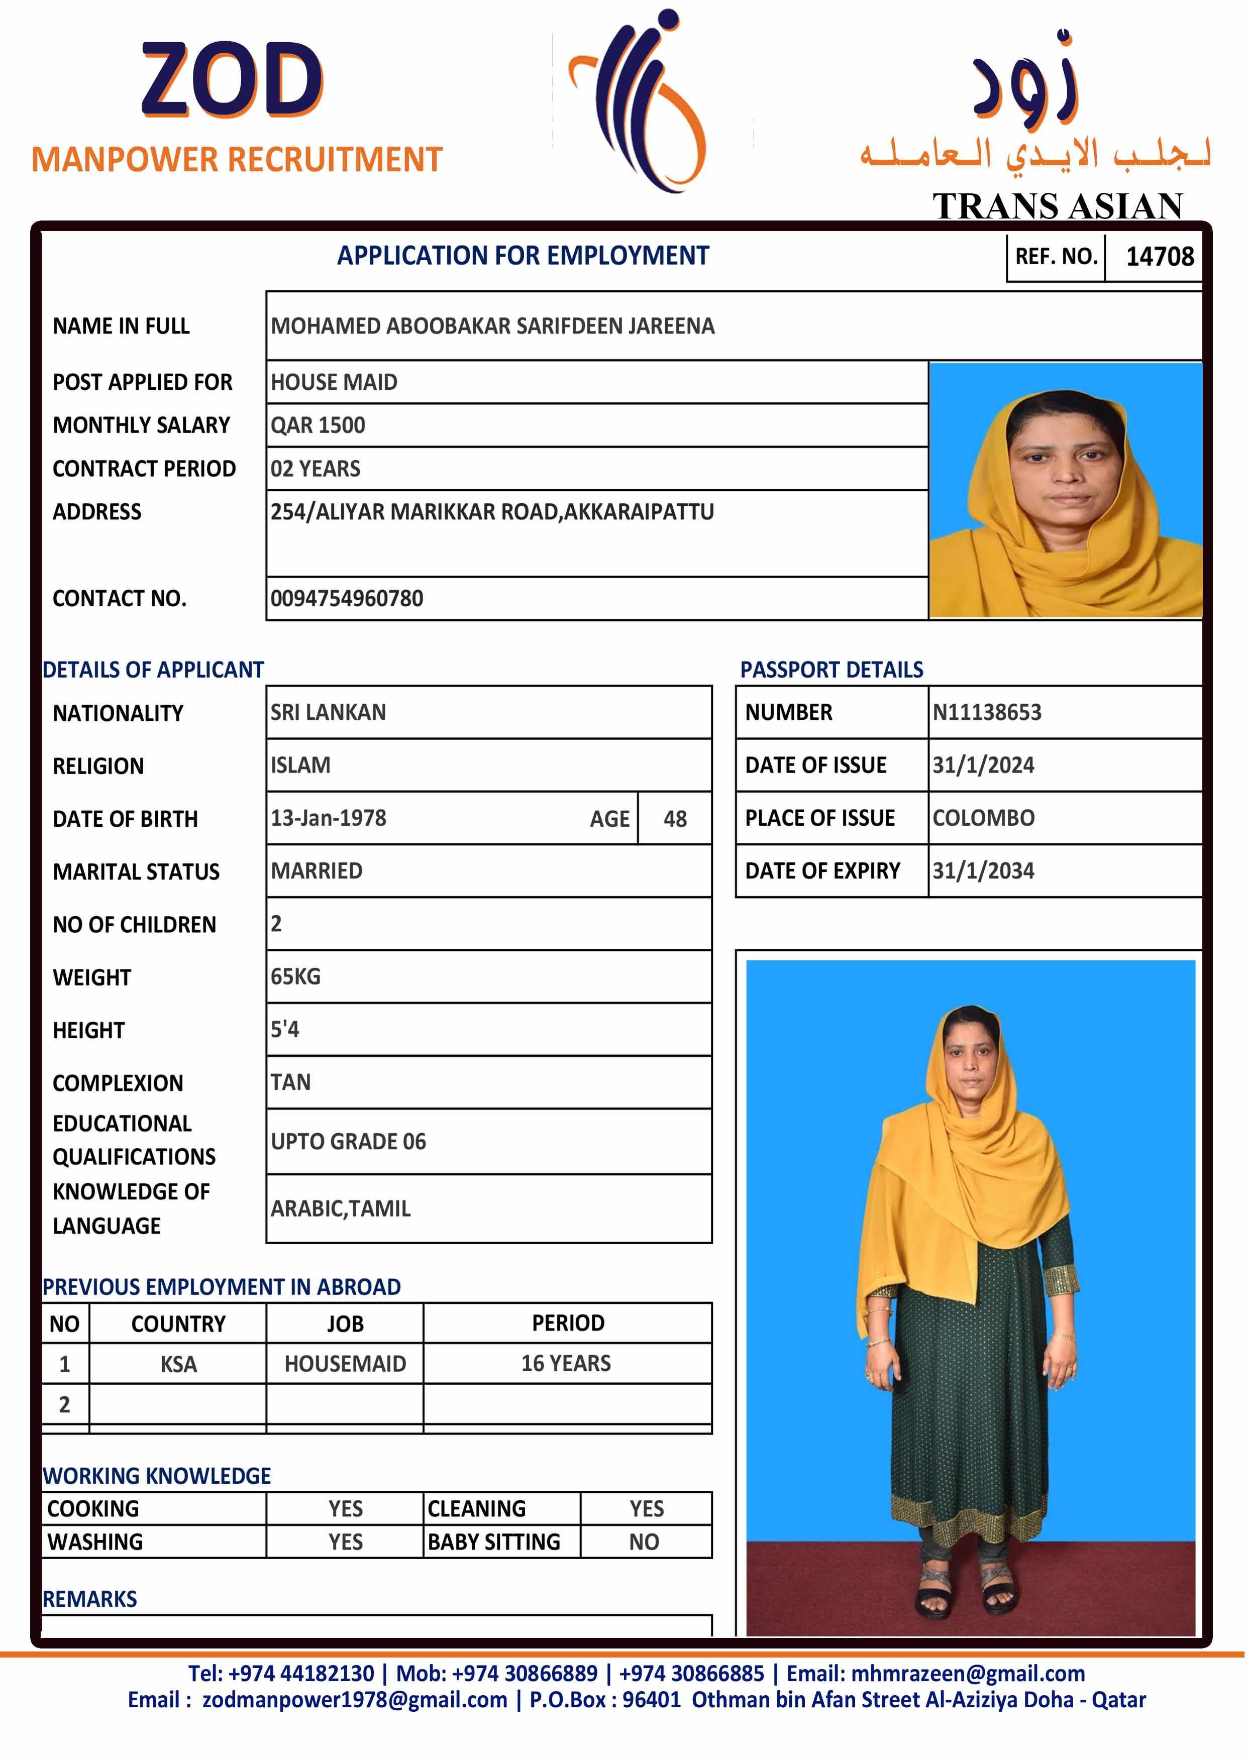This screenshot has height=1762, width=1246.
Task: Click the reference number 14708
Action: [x=1159, y=256]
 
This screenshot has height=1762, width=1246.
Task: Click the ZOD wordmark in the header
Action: [x=232, y=80]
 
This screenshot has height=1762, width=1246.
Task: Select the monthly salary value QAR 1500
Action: [x=318, y=425]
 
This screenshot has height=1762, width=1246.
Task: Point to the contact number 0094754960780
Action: [x=347, y=599]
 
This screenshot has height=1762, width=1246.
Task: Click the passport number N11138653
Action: [x=987, y=712]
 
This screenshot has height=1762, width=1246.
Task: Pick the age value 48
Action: [x=675, y=819]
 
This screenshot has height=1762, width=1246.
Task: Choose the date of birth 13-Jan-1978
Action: [x=329, y=818]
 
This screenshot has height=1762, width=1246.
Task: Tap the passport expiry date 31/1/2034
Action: [x=983, y=871]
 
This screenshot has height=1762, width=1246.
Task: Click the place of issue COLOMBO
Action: [x=983, y=818]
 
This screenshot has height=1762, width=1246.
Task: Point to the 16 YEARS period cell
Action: [x=567, y=1364]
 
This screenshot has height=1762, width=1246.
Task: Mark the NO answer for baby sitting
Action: [x=644, y=1543]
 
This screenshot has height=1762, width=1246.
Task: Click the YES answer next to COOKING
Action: [x=346, y=1509]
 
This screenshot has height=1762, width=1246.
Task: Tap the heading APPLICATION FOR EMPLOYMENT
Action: [x=523, y=256]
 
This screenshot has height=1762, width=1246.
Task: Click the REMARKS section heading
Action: [x=90, y=1599]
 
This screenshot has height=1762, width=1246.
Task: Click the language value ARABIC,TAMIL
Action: [x=341, y=1208]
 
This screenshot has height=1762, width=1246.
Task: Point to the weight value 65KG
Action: [x=295, y=977]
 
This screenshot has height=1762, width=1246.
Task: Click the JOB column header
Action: [x=346, y=1324]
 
